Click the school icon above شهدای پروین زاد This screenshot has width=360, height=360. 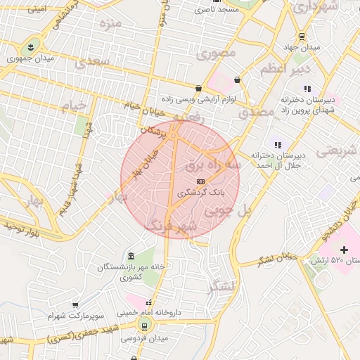pyautogui.click(x=307, y=89)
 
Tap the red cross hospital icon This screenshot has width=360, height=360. pyautogui.click(x=344, y=250)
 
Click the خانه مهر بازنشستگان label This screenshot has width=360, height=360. pyautogui.click(x=131, y=271)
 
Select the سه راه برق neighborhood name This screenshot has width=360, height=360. pyautogui.click(x=212, y=165)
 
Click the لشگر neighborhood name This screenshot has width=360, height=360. pyautogui.click(x=224, y=287)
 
